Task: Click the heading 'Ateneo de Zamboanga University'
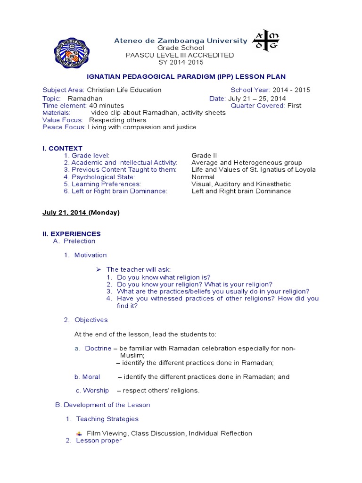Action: click(x=181, y=41)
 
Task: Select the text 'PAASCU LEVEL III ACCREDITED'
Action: click(x=180, y=55)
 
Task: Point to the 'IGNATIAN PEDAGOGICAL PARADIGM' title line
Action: click(x=187, y=76)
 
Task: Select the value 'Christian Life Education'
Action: click(x=124, y=90)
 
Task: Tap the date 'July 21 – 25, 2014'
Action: click(x=257, y=99)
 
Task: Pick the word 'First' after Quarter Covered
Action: click(x=294, y=106)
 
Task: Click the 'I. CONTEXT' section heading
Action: click(x=62, y=149)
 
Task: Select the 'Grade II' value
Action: click(x=204, y=156)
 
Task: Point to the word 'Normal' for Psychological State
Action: click(x=203, y=177)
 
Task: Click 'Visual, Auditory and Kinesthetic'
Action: click(x=241, y=184)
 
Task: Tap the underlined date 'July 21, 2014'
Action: click(x=65, y=213)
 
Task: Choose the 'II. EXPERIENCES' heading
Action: click(x=72, y=234)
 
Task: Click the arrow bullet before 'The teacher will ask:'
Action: click(x=99, y=269)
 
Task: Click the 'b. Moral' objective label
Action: click(x=87, y=377)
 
